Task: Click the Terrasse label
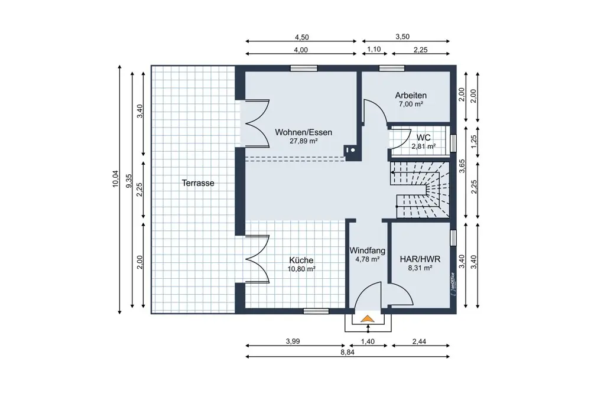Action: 198,183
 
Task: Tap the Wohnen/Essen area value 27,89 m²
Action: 303,141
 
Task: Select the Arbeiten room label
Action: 411,95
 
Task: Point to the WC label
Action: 423,138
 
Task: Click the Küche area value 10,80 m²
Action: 301,269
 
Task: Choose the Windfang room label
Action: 368,250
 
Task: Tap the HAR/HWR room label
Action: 420,259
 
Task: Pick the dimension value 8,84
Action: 348,353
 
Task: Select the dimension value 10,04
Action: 115,178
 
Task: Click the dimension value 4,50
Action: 301,37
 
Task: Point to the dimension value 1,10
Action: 374,50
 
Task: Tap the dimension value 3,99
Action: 293,341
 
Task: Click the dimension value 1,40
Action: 368,341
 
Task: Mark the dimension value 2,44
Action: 419,341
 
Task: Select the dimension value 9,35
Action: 128,181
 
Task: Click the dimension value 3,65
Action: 462,166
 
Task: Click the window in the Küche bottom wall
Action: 316,311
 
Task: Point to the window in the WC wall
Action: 453,143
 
